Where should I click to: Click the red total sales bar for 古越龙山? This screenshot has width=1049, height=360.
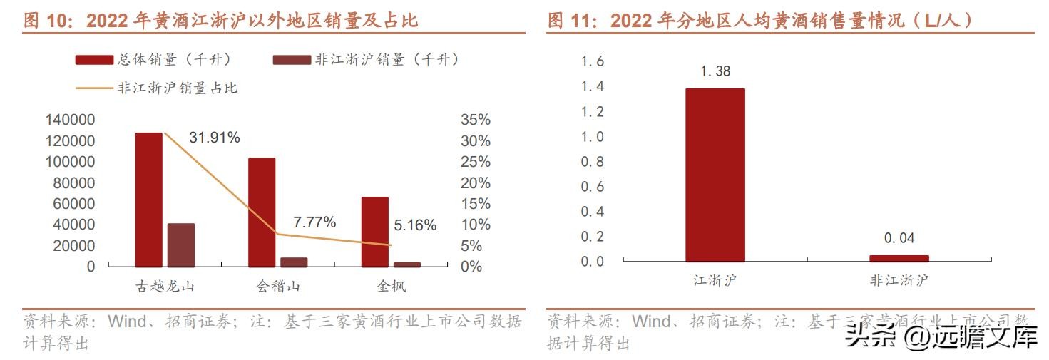click(148, 200)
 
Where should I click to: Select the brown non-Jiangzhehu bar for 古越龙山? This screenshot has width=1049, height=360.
click(180, 245)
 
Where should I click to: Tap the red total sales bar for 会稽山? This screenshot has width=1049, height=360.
click(261, 212)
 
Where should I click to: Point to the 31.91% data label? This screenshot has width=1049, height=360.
click(214, 138)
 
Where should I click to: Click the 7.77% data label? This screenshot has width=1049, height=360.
click(314, 222)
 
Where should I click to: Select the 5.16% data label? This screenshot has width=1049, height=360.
click(414, 225)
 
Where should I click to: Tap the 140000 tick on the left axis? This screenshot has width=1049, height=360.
click(69, 120)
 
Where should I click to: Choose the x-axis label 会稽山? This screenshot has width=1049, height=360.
click(277, 287)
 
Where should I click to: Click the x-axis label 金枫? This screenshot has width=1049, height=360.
click(391, 287)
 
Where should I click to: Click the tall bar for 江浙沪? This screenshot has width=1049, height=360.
click(715, 175)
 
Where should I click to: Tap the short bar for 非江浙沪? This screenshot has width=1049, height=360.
click(899, 258)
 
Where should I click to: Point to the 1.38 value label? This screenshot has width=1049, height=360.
click(715, 71)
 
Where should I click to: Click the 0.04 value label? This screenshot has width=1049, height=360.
click(899, 238)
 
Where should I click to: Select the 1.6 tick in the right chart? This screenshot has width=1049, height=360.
click(592, 62)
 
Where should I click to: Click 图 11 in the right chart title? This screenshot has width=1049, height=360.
click(574, 21)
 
